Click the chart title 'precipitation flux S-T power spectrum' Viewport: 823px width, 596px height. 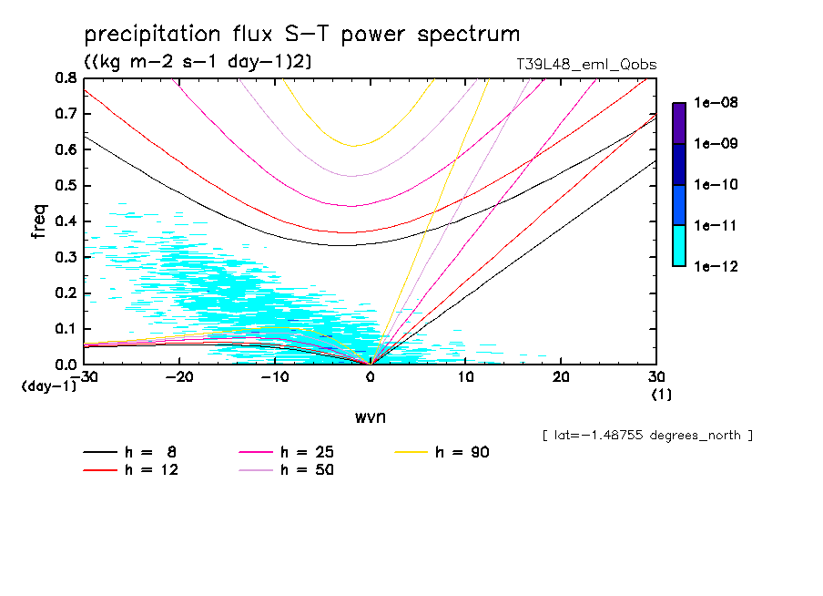coord(301,35)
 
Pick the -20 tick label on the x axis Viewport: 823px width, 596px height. coord(179,377)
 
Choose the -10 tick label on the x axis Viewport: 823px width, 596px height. coord(274,377)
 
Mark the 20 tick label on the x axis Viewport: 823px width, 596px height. coord(560,377)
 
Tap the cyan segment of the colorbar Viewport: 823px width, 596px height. coord(679,245)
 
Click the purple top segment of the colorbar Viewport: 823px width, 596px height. coord(679,123)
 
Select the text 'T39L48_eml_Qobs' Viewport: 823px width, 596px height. coord(585,65)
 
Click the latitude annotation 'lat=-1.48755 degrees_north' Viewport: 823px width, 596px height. coord(647,435)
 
